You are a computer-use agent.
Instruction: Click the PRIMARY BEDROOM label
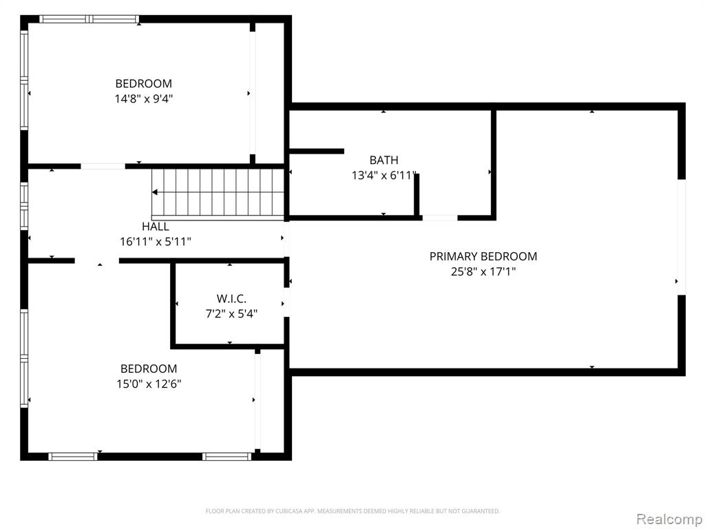[x=483, y=256]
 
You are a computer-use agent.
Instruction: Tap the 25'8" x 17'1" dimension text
[x=483, y=271]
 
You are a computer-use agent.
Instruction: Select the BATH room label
[x=384, y=160]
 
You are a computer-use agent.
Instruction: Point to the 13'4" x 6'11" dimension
[x=384, y=176]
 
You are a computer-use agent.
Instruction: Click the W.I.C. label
[x=231, y=299]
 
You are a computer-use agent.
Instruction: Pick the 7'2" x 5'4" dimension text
[x=231, y=314]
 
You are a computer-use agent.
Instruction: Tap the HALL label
[x=156, y=227]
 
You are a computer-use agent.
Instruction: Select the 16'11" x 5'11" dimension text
[x=156, y=242]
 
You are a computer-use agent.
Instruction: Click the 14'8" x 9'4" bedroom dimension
[x=144, y=99]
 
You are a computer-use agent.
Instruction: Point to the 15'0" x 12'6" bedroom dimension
[x=149, y=384]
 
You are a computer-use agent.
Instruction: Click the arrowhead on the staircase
[x=155, y=193]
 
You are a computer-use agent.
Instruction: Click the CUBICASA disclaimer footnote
[x=352, y=511]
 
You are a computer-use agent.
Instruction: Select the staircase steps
[x=218, y=194]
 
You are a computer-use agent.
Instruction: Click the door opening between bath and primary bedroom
[x=440, y=218]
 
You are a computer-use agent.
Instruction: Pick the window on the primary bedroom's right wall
[x=682, y=237]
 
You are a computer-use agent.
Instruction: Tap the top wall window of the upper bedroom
[x=89, y=19]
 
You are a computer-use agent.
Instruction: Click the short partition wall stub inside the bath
[x=317, y=151]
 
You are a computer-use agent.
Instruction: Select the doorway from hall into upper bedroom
[x=103, y=167]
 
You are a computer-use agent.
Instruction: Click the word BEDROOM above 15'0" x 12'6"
[x=149, y=369]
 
